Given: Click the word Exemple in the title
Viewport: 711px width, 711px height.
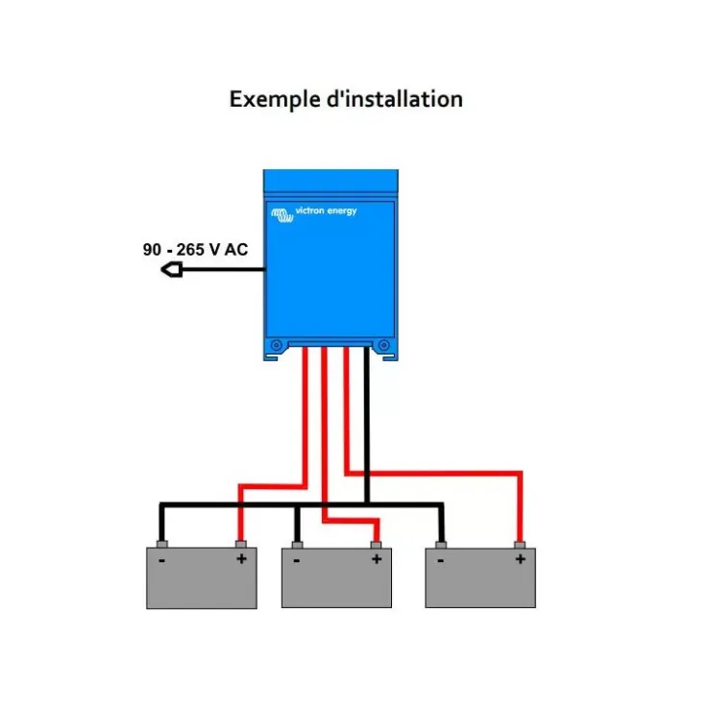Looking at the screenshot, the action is pyautogui.click(x=275, y=100).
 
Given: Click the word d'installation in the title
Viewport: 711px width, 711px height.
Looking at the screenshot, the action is pyautogui.click(x=395, y=98).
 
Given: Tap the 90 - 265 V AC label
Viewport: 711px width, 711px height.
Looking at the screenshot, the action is pyautogui.click(x=195, y=250).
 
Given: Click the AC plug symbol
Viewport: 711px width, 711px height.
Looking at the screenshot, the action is pyautogui.click(x=172, y=270).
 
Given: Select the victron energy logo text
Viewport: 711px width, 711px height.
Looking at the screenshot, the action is pyautogui.click(x=326, y=210).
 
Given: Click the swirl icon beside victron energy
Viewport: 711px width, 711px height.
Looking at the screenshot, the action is pyautogui.click(x=282, y=215).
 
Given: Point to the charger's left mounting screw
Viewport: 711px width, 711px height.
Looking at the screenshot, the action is pyautogui.click(x=276, y=346).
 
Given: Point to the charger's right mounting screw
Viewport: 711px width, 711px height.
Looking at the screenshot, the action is pyautogui.click(x=384, y=346).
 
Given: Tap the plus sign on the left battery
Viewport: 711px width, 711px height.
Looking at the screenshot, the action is pyautogui.click(x=242, y=558).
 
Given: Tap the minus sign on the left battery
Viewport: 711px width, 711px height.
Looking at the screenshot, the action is pyautogui.click(x=161, y=561).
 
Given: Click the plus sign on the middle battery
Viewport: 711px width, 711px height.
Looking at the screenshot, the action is pyautogui.click(x=377, y=559).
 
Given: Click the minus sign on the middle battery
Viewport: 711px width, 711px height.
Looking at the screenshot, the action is pyautogui.click(x=297, y=561).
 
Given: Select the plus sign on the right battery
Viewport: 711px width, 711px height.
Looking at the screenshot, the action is pyautogui.click(x=521, y=559).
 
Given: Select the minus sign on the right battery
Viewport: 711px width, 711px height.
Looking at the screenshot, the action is pyautogui.click(x=440, y=561).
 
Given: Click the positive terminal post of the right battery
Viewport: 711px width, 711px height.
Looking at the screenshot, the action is pyautogui.click(x=520, y=545).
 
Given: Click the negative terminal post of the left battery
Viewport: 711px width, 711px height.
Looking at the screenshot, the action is pyautogui.click(x=161, y=544).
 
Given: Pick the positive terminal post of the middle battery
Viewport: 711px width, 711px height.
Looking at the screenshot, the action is pyautogui.click(x=376, y=545).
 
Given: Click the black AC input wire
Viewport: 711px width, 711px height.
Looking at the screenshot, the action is pyautogui.click(x=224, y=269).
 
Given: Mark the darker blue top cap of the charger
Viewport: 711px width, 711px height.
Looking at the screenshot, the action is pyautogui.click(x=331, y=181).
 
